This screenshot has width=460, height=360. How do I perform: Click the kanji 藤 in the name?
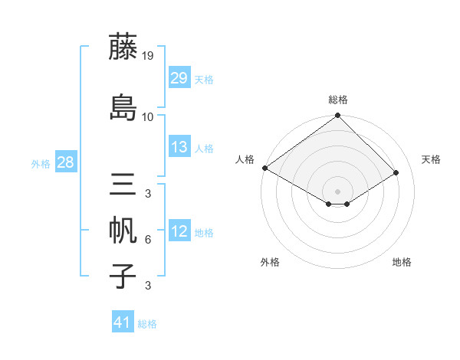point(123,47)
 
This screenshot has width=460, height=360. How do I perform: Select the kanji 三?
point(123,185)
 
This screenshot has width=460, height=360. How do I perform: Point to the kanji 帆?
point(123,231)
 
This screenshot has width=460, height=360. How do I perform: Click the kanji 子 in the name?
point(123,276)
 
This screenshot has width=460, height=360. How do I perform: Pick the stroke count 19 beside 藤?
point(147,55)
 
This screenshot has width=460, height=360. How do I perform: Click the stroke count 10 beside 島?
point(147,116)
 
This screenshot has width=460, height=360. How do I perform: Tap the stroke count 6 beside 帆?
point(147,240)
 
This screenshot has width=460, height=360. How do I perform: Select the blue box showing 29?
point(179,78)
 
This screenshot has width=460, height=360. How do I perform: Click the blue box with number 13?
point(179,147)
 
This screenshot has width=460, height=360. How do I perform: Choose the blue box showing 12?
point(179,231)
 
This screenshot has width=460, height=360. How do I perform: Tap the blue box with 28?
point(65,162)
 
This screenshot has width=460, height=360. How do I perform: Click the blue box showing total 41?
point(123,322)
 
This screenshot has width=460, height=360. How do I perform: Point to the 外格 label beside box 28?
point(41,163)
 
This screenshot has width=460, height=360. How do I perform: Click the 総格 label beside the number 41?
point(147,324)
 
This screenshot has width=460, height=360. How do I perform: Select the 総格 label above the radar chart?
point(338,100)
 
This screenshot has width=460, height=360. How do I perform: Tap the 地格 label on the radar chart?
point(402,262)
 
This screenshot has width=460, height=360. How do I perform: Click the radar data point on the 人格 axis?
point(264,168)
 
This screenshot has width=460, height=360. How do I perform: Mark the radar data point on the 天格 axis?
point(396,173)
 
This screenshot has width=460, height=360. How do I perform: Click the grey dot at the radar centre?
point(337,191)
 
